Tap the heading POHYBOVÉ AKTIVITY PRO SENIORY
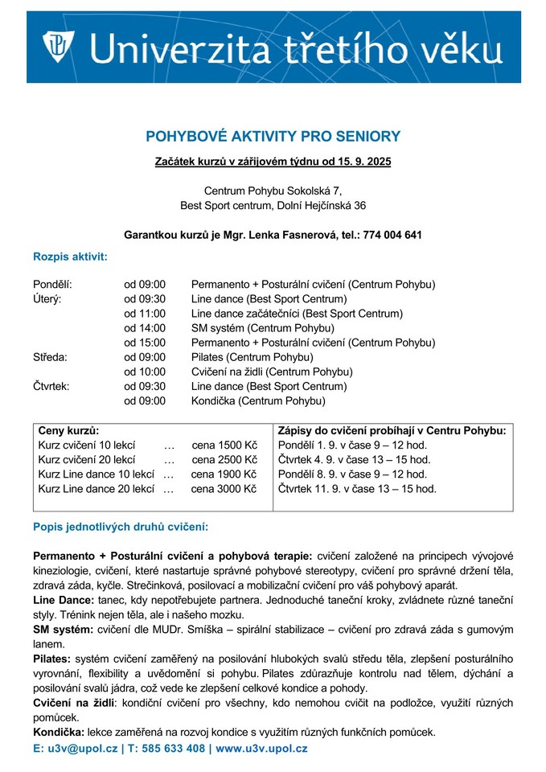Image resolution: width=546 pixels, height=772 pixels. tap(273, 137)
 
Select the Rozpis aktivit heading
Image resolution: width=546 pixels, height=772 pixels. tap(70, 257)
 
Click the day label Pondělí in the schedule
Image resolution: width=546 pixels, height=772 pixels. tap(52, 284)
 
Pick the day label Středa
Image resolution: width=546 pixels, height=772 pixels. tap(51, 356)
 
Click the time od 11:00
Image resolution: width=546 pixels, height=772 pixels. tap(145, 313)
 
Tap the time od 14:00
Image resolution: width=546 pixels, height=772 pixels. tap(145, 327)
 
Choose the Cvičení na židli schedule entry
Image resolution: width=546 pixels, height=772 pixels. tap(272, 371)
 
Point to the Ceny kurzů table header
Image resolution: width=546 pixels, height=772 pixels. tap(69, 430)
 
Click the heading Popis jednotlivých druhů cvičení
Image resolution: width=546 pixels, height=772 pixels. tap(121, 527)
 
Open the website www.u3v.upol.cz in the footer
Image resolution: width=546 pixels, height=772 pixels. tap(261, 749)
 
